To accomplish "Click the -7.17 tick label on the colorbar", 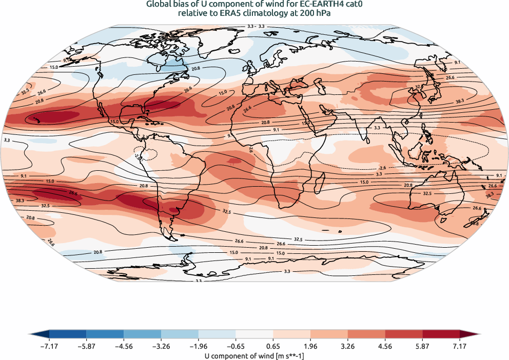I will click(49, 346).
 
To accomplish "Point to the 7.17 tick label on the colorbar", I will click(459, 346).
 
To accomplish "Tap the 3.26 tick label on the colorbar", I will click(347, 346).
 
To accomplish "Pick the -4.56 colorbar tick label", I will click(124, 346).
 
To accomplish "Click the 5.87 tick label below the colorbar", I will click(422, 346).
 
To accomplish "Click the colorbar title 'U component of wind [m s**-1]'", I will click(254, 355).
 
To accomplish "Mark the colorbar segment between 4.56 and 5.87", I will click(403, 335).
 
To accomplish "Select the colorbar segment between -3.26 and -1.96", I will click(180, 335).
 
